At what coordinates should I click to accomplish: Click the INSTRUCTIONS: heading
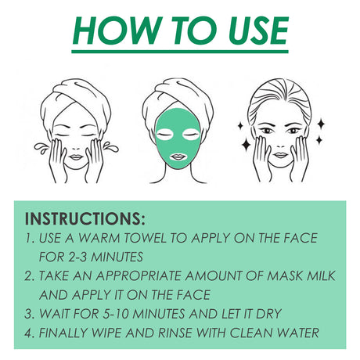tap(85, 218)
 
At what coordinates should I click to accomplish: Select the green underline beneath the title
tap(180, 51)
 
